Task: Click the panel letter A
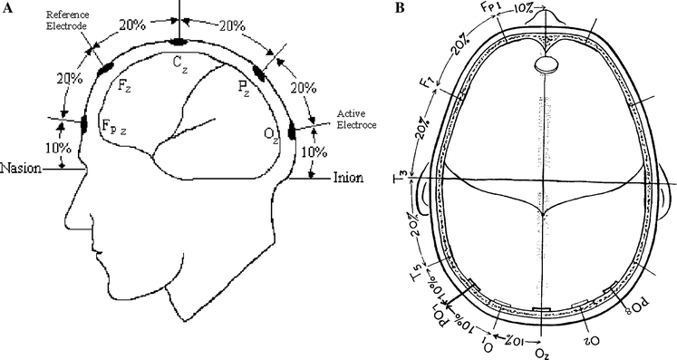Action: pyautogui.click(x=7, y=10)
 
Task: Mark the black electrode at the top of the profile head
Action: pyautogui.click(x=179, y=41)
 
